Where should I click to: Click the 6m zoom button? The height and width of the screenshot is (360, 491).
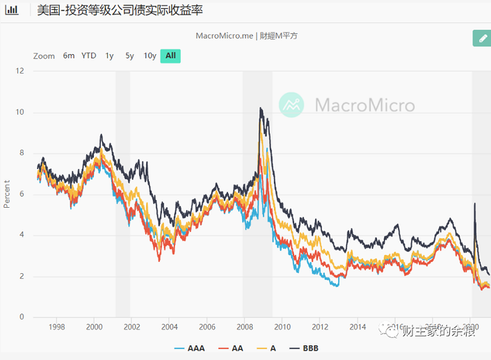69,56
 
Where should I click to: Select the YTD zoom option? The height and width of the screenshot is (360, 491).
89,56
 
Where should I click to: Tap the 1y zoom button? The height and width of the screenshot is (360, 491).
109,56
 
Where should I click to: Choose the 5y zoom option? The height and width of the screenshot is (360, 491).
129,56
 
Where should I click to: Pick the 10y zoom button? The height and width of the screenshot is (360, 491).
150,56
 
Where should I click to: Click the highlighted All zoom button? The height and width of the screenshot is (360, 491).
170,56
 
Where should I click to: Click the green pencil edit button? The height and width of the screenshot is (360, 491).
481,38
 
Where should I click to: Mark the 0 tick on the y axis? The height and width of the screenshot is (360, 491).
22,317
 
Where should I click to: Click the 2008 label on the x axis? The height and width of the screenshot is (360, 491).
244,327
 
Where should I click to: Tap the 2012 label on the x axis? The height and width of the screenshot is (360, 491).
320,327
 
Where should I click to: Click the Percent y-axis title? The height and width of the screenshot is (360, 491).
7,194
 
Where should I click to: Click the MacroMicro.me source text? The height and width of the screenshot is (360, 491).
225,35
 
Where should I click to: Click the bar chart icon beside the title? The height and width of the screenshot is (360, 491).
12,11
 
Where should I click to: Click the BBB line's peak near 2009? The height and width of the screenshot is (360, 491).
260,108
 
